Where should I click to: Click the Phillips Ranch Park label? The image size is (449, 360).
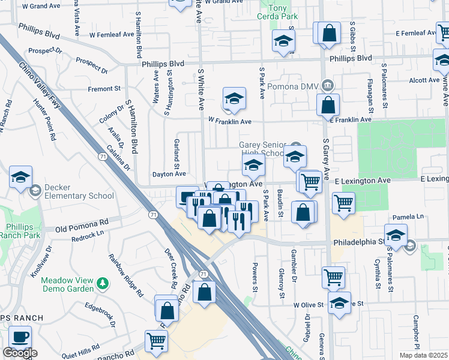tap(20, 231)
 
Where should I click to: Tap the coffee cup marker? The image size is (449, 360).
tap(20, 337)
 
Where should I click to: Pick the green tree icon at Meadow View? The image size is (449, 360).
tap(103, 282)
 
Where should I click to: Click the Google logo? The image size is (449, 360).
tap(20, 353)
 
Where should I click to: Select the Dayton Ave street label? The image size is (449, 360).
tap(169, 174)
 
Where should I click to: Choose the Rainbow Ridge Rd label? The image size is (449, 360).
tap(127, 276)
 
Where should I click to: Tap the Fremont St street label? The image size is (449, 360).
tap(104, 89)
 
